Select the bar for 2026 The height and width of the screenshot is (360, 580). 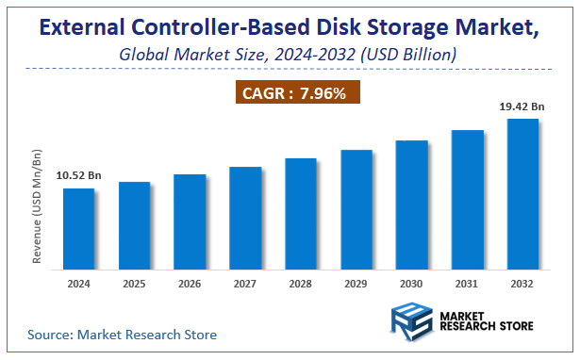click(x=189, y=221)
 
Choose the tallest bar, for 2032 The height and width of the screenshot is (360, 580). click(x=522, y=192)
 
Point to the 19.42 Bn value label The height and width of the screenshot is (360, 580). click(x=521, y=106)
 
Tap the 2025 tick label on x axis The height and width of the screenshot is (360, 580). click(x=133, y=283)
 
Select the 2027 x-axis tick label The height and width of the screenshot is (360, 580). click(x=244, y=283)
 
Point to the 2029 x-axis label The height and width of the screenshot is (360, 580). click(x=356, y=283)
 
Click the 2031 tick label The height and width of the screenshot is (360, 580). click(x=467, y=283)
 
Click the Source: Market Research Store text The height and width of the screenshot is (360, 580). click(x=122, y=334)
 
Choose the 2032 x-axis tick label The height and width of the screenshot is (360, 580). click(x=522, y=283)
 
